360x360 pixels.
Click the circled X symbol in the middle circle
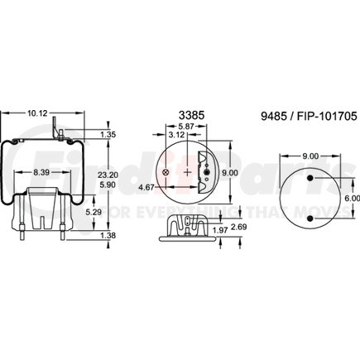[166, 171]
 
